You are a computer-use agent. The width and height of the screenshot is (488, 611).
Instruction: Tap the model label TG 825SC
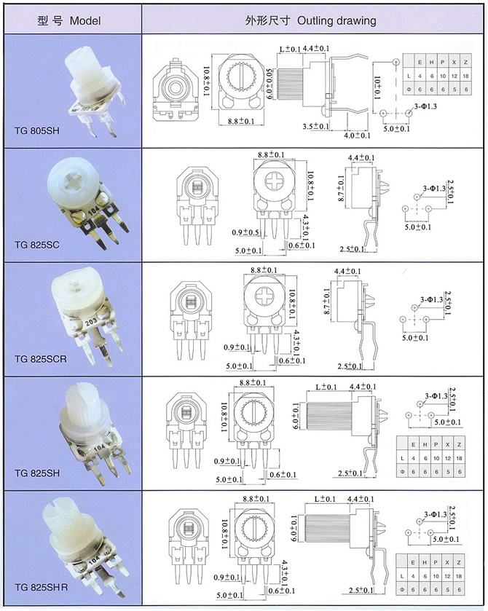(x=37, y=244)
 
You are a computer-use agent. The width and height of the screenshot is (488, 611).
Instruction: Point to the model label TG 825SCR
(x=40, y=358)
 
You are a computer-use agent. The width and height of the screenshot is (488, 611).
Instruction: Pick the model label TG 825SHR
(x=42, y=587)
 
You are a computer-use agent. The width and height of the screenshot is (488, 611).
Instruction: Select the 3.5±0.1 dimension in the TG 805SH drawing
(x=316, y=127)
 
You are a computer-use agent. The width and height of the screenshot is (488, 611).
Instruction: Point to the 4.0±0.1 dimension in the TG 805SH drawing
(x=358, y=135)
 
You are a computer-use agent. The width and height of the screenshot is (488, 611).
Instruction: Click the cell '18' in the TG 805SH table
(x=466, y=76)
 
